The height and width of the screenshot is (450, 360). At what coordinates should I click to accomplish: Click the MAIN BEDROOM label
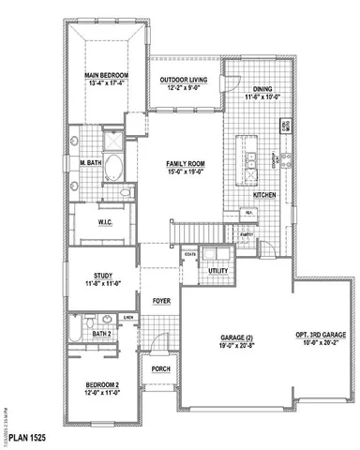[105, 75]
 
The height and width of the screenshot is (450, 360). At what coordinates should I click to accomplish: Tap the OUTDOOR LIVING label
[184, 79]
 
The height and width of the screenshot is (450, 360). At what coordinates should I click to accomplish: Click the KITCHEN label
[250, 194]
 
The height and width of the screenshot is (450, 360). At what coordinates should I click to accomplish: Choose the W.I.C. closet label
[105, 222]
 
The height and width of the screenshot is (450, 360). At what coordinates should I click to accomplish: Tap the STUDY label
[102, 276]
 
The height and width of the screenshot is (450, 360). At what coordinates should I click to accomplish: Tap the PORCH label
[160, 368]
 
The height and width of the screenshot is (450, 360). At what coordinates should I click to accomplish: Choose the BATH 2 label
[102, 333]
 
